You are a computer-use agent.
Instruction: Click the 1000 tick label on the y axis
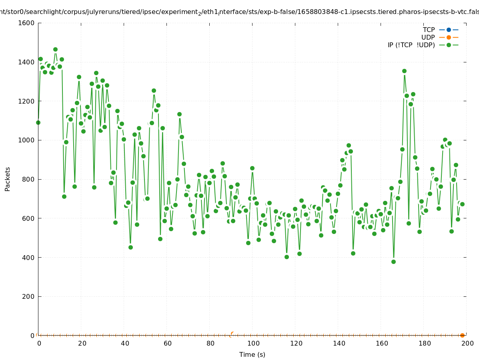point(26,140)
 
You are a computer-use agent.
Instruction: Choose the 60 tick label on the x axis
point(167,343)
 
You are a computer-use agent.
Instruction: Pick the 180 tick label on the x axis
point(424,343)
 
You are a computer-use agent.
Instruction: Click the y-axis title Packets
point(8,179)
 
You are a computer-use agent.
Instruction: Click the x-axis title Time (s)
point(252,354)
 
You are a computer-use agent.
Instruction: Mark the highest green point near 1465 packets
point(55,50)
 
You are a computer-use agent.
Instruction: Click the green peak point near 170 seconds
point(404,71)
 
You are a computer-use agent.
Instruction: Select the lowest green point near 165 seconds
point(393,262)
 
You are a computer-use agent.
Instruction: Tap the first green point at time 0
point(38,122)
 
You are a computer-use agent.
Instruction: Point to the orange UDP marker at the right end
point(462,335)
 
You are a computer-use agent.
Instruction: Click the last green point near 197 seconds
point(462,204)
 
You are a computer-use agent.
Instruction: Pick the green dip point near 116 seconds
point(287,257)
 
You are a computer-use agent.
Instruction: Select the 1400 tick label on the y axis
point(26,62)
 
